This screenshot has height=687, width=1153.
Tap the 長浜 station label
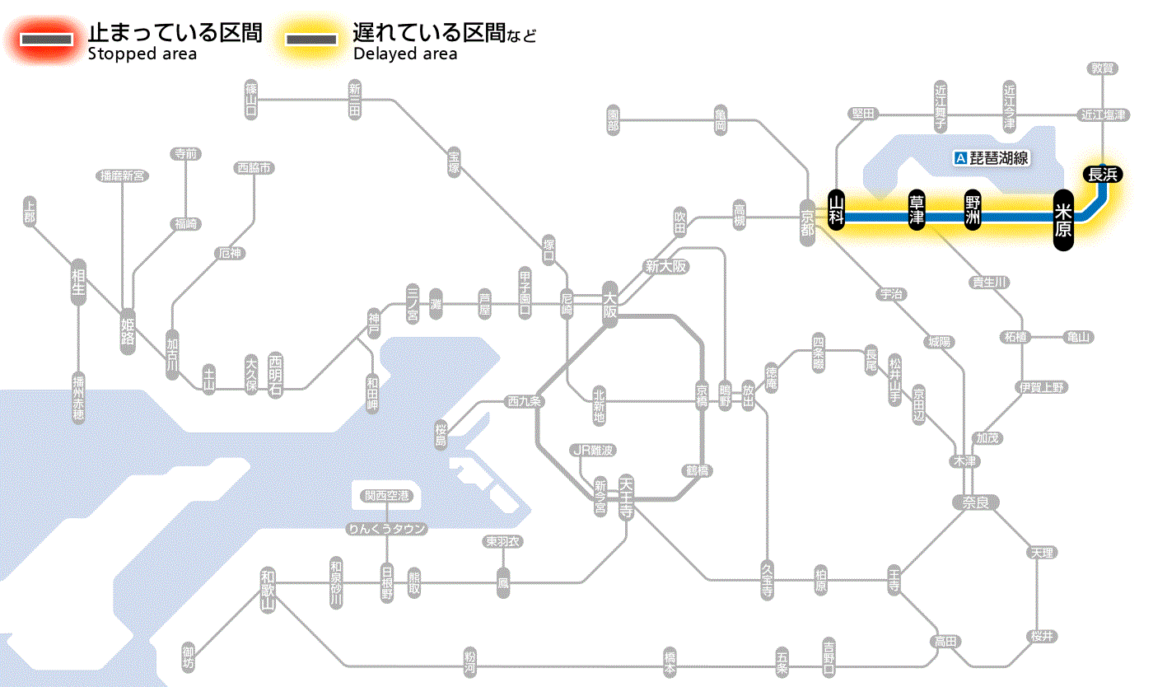click(1103, 174)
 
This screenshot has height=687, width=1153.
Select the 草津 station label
click(917, 211)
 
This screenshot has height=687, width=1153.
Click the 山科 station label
click(836, 211)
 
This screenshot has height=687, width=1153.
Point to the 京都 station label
click(807, 220)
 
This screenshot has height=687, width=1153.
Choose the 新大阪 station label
click(666, 266)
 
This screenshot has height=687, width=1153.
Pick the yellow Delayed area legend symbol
click(310, 40)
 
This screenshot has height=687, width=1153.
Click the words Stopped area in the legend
click(142, 54)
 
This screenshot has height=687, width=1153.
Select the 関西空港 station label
click(386, 495)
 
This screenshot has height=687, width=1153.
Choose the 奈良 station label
click(975, 502)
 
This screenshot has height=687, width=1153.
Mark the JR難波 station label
click(593, 450)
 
